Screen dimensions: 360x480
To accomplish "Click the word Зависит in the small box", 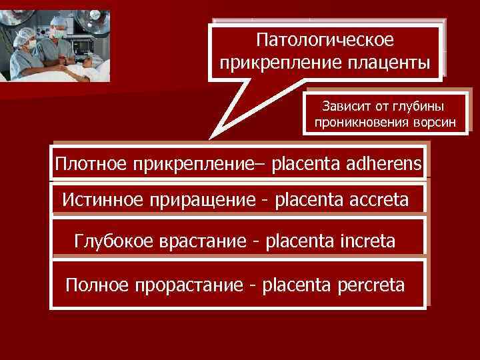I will [x=344, y=106].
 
